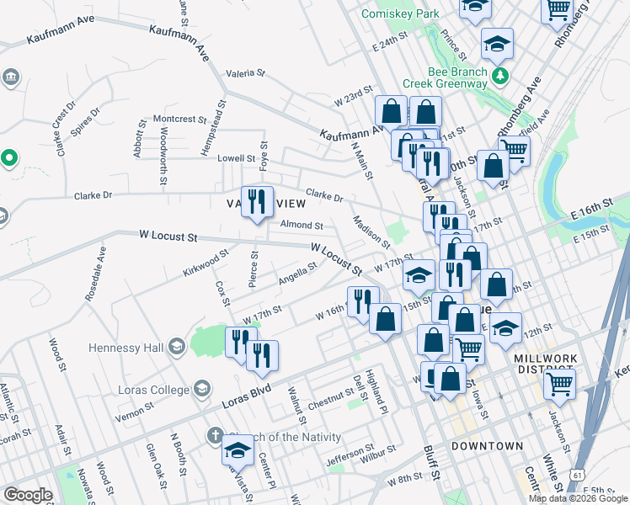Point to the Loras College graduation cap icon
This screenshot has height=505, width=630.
[x=201, y=388]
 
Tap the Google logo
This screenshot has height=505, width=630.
[x=28, y=495]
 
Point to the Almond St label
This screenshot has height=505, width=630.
[x=302, y=226]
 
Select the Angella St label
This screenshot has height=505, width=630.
[x=297, y=272]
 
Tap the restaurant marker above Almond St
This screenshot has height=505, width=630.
[x=258, y=202]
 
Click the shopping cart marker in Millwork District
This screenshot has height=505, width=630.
[x=560, y=384]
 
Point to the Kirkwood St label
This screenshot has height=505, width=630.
[x=206, y=262]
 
